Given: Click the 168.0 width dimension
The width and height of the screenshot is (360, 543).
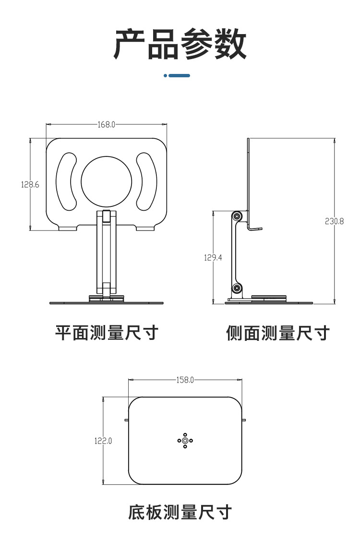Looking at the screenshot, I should (x=107, y=124).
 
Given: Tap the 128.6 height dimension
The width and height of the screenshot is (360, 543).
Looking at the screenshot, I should (x=30, y=184).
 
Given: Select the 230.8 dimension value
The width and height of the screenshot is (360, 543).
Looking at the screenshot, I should (x=335, y=221).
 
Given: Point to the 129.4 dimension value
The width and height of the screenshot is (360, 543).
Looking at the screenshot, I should (x=213, y=257).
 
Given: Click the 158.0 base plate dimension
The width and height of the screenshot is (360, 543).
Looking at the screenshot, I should (x=185, y=380).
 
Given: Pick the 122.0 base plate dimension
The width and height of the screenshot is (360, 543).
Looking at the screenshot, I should (x=103, y=440).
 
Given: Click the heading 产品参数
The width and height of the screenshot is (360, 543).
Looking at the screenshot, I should (x=180, y=44).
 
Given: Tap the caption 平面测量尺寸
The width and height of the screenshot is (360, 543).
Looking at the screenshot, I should (x=107, y=332).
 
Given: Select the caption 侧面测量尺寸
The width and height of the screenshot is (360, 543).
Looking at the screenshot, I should (x=278, y=333).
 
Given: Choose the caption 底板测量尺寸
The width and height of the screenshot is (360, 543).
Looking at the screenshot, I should (x=180, y=512).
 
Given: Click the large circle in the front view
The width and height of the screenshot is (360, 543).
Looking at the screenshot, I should (x=106, y=181).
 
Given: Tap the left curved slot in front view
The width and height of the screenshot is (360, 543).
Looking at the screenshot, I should (x=66, y=181).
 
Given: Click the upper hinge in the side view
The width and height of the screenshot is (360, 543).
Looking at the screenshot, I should (x=237, y=217).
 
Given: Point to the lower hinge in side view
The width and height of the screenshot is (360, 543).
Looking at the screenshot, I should (x=237, y=288).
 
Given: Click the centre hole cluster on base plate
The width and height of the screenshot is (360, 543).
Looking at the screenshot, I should (x=185, y=440).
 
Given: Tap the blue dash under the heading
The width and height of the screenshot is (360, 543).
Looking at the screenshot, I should (x=177, y=75).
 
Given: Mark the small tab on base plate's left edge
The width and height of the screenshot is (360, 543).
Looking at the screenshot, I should (x=126, y=420).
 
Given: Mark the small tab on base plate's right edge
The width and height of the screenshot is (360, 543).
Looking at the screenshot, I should (x=244, y=420).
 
